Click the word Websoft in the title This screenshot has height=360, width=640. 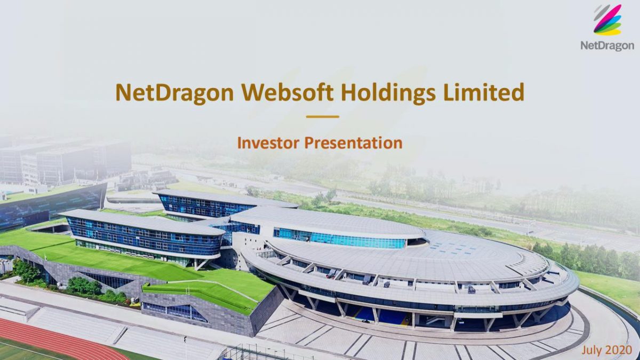pyautogui.click(x=287, y=93)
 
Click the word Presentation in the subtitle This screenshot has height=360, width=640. pyautogui.click(x=353, y=143)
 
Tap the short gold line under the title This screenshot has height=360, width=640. pyautogui.click(x=322, y=117)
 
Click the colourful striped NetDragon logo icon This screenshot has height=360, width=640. pyautogui.click(x=607, y=20)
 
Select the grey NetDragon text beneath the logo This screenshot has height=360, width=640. pyautogui.click(x=607, y=46)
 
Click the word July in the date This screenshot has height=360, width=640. pyautogui.click(x=593, y=350)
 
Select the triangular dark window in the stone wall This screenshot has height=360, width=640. pyautogui.click(x=107, y=279)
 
